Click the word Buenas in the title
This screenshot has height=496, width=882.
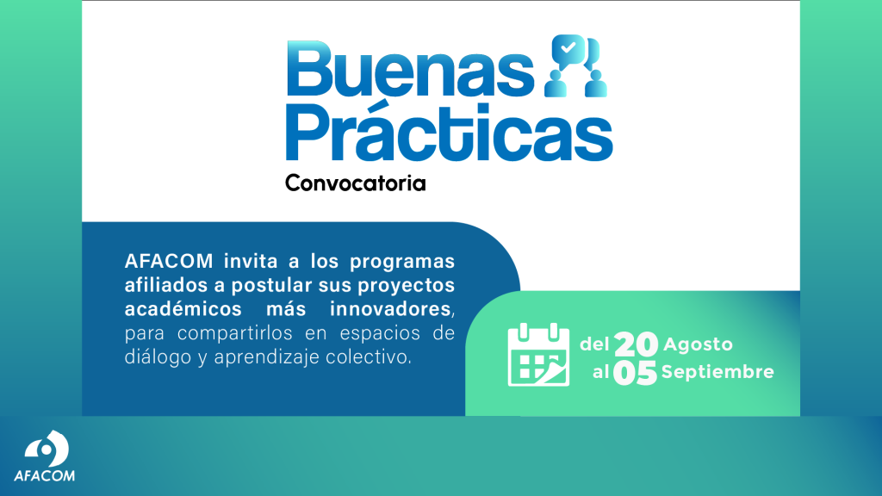[x=410, y=69]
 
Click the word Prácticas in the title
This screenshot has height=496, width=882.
[x=449, y=133]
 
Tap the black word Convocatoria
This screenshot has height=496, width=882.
[x=356, y=183]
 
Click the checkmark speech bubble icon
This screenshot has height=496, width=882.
[x=568, y=48]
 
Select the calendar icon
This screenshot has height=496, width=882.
[x=538, y=355]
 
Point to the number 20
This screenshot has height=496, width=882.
[x=636, y=344]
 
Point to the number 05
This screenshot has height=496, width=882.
[x=635, y=373]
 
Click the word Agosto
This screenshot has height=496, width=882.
[x=698, y=344]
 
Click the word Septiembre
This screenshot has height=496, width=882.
[x=717, y=372]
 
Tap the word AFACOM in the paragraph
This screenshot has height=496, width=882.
[x=169, y=261]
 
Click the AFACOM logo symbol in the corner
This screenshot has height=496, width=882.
[x=47, y=449]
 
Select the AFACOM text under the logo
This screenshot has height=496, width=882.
[x=44, y=475]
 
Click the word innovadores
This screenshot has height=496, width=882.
[x=390, y=309]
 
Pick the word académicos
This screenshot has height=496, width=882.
[x=183, y=309]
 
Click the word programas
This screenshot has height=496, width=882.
[x=401, y=262]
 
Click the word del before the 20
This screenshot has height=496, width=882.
[x=594, y=344]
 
